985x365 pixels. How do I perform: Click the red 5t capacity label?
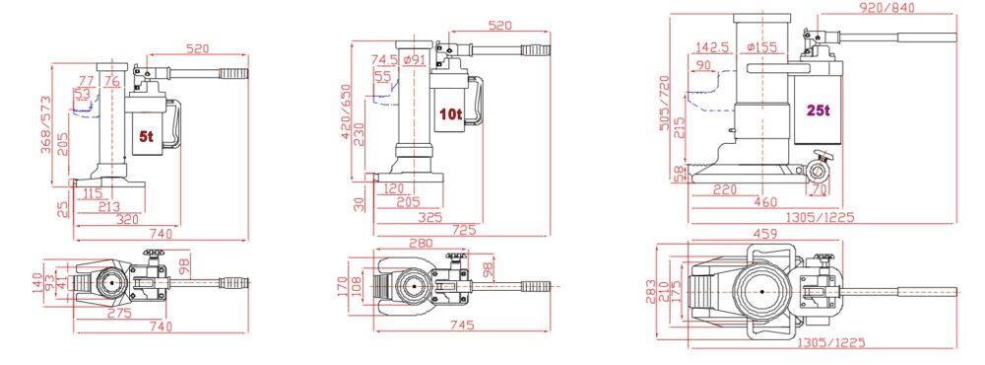coord(144,137)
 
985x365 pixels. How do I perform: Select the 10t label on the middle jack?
coord(450,114)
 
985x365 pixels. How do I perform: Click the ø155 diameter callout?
coord(763,46)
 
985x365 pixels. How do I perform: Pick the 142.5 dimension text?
coord(712,46)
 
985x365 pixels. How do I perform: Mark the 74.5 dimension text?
coord(384,59)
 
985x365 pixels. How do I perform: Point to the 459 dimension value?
coord(764,235)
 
